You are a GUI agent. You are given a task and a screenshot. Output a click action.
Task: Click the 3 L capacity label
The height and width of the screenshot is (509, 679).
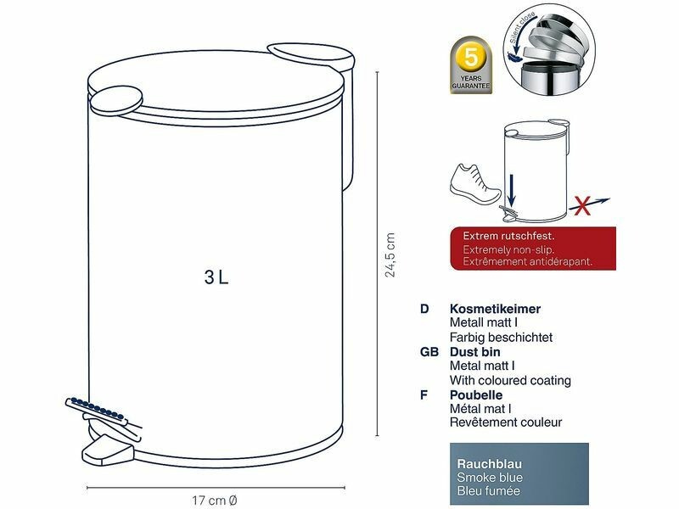pos(216,277)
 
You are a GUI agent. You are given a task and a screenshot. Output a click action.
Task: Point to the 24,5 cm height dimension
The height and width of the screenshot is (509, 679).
pos(390,255)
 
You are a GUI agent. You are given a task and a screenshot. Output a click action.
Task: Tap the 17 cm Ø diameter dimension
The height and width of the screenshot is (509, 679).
pos(215,501)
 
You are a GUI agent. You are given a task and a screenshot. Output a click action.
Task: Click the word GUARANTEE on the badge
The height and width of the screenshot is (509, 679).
pos(471,86)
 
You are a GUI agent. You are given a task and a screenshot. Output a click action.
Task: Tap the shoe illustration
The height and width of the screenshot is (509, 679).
pos(475,185)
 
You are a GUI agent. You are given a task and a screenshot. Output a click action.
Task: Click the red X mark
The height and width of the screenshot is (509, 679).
pos(582,205)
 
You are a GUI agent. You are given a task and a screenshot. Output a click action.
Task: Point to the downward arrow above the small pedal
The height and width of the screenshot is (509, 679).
pos(512,189)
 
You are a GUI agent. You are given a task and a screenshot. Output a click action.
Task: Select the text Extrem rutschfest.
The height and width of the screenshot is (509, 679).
pos(508,237)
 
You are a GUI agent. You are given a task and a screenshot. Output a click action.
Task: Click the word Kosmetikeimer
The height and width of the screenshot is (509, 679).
pos(495,309)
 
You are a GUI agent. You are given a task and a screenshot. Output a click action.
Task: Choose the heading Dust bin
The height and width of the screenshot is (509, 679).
pos(475,352)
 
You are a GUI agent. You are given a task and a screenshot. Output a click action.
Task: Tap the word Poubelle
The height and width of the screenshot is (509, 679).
pos(476,395)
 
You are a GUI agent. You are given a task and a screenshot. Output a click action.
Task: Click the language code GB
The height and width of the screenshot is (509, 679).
pos(429,352)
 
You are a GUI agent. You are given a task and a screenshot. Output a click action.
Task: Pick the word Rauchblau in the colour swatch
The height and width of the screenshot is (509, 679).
pos(490,464)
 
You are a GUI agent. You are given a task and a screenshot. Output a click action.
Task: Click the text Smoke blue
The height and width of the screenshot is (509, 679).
pos(490,478)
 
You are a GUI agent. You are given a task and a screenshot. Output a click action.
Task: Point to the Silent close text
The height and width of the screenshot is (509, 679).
pos(521,28)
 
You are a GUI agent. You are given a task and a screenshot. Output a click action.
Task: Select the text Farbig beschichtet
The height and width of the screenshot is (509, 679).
pos(501,337)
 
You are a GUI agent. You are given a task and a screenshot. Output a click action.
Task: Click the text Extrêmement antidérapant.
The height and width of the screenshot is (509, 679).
pos(527,261)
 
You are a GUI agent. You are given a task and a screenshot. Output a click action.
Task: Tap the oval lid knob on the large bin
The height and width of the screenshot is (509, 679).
pos(116,100)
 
